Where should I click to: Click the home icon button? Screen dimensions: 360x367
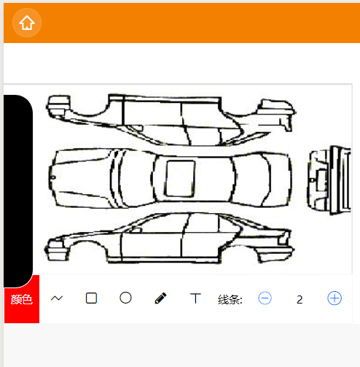(x=27, y=23)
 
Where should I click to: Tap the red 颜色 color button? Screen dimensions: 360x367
(x=22, y=299)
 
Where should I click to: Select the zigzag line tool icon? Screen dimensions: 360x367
(x=57, y=298)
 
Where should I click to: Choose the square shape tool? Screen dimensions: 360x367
(x=91, y=298)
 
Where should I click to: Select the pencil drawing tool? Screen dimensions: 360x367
(x=160, y=298)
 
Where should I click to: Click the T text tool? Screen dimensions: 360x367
(x=195, y=298)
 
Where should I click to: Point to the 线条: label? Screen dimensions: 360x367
(x=230, y=299)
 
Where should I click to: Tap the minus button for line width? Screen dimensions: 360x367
(x=265, y=298)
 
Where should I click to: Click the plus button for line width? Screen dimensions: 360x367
(x=334, y=298)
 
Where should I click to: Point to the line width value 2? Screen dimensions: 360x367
(x=300, y=300)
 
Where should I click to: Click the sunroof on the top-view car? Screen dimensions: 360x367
(x=180, y=179)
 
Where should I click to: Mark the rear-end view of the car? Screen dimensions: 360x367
(x=329, y=180)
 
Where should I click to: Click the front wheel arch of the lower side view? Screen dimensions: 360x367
(x=88, y=242)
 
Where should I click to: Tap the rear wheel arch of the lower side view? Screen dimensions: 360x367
(x=239, y=245)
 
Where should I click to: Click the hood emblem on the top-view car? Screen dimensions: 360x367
(x=53, y=177)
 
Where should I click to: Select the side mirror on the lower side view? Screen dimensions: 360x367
(x=136, y=230)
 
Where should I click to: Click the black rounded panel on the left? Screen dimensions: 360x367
(x=18, y=191)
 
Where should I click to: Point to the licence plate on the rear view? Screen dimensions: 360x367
(x=322, y=180)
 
